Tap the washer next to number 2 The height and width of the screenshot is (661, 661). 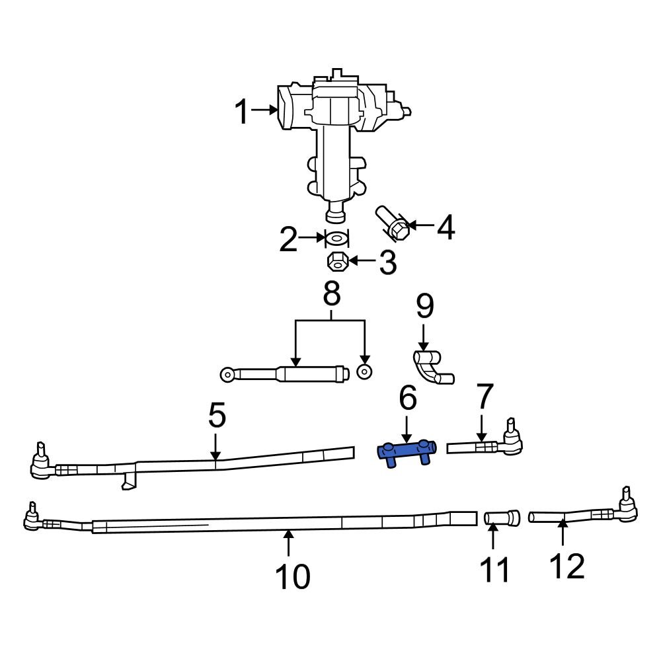[x=336, y=238]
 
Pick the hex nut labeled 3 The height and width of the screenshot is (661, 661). [x=337, y=262]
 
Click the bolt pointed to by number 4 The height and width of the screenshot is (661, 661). [x=392, y=224]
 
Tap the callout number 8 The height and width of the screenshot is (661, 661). [x=331, y=293]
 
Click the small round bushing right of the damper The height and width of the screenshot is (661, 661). [x=363, y=372]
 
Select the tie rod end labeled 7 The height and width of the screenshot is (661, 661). [x=492, y=444]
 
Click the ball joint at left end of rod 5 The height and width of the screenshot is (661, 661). [x=41, y=464]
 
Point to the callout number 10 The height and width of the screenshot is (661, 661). [x=293, y=577]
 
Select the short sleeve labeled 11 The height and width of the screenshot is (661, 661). [x=502, y=518]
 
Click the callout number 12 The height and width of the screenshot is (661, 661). [x=566, y=566]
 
